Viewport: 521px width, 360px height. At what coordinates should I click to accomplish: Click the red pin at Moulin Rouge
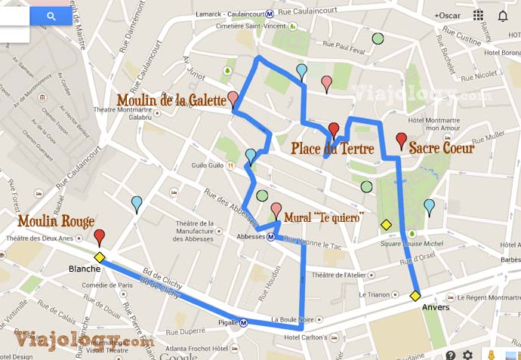pos(99,237)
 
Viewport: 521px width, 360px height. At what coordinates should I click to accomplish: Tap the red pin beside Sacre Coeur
pos(402,140)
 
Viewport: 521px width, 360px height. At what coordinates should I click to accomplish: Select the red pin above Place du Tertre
pos(334,129)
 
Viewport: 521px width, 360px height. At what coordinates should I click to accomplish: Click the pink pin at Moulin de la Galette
pos(233,99)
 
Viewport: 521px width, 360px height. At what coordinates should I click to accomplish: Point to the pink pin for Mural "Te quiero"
pos(276,210)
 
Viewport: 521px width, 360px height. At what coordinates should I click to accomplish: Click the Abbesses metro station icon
pos(270,235)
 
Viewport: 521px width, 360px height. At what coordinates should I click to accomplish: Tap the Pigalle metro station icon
pos(244,324)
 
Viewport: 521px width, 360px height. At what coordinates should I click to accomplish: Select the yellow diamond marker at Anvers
pos(415,296)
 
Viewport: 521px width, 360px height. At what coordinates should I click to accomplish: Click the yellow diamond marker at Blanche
pos(99,257)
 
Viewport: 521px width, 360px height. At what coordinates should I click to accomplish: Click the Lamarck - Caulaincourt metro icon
pos(260,13)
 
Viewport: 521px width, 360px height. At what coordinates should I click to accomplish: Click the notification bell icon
pos(502,15)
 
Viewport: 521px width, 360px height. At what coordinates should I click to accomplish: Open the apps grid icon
pos(479,15)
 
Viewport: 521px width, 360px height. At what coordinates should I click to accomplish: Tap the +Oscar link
pos(447,16)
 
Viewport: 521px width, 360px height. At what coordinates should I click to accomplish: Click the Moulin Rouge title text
pos(56,222)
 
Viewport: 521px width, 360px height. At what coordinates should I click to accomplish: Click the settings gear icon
pos(468,355)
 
